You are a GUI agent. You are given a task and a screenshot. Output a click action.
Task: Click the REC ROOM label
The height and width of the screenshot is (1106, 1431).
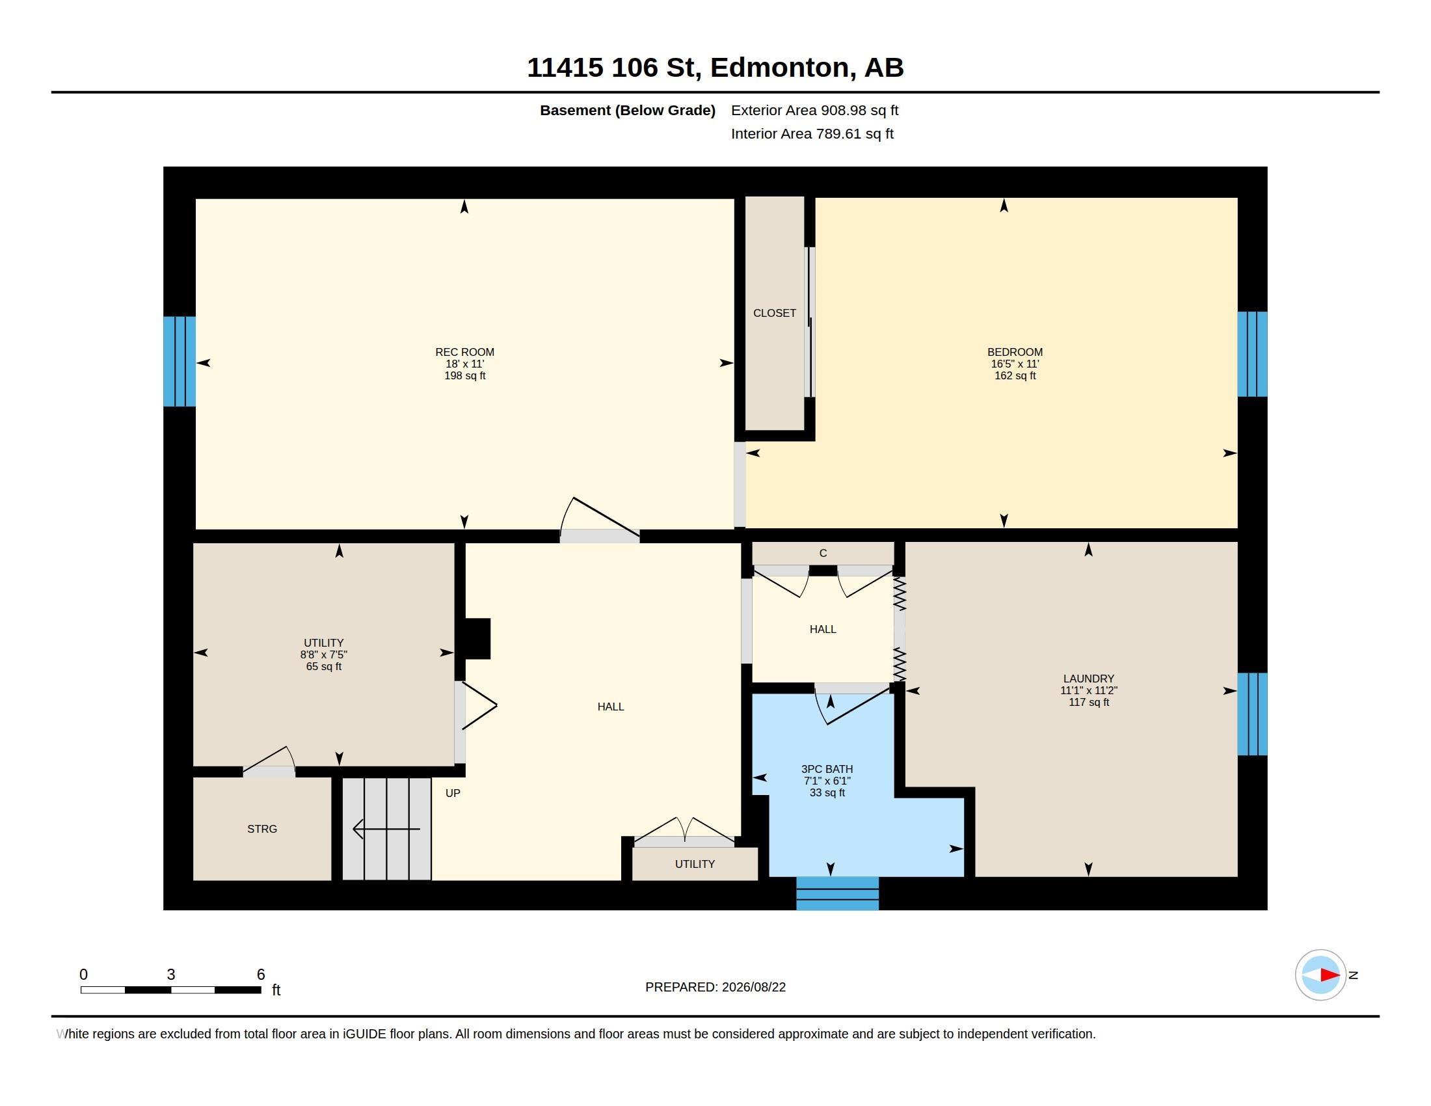(x=464, y=352)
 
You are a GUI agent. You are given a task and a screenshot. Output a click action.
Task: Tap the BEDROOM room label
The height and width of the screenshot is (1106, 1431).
(x=1015, y=352)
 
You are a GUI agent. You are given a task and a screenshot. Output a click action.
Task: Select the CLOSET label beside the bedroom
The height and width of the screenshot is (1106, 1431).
(x=775, y=313)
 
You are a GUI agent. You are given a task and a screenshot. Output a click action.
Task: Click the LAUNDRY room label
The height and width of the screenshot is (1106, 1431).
(x=1088, y=679)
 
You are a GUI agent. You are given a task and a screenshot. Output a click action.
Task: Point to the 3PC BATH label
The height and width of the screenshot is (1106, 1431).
(x=827, y=769)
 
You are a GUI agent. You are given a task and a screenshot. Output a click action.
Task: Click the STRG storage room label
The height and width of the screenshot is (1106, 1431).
(x=262, y=829)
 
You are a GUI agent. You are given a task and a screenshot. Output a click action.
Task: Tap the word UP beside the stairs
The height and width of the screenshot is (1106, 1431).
(x=453, y=794)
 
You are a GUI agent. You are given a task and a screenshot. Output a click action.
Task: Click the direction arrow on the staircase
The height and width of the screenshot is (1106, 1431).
(x=386, y=829)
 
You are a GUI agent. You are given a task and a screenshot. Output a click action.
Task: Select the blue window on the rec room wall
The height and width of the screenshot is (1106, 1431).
(x=180, y=362)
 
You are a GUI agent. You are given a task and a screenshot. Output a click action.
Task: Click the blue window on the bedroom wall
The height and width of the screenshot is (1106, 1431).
(x=1252, y=355)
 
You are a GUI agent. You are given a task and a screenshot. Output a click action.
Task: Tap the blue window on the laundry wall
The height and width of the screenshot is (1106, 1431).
(x=1252, y=714)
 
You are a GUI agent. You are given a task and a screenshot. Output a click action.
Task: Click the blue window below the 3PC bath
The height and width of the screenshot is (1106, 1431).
(x=837, y=893)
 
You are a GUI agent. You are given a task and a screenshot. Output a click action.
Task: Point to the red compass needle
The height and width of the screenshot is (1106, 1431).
(x=1330, y=975)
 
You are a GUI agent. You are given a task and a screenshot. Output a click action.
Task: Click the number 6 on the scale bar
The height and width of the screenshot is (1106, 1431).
(x=261, y=975)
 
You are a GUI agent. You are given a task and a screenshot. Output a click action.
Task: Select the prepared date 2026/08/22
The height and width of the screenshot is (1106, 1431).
(x=753, y=988)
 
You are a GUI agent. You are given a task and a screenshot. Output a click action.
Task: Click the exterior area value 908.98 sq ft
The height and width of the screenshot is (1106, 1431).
(x=860, y=111)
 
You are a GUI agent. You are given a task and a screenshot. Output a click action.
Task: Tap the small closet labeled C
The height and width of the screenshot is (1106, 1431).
(x=823, y=553)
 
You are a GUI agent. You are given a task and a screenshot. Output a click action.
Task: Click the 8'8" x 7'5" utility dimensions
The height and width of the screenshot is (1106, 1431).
(x=324, y=654)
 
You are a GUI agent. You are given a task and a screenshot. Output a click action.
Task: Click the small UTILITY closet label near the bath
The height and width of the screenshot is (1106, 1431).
(x=695, y=864)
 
